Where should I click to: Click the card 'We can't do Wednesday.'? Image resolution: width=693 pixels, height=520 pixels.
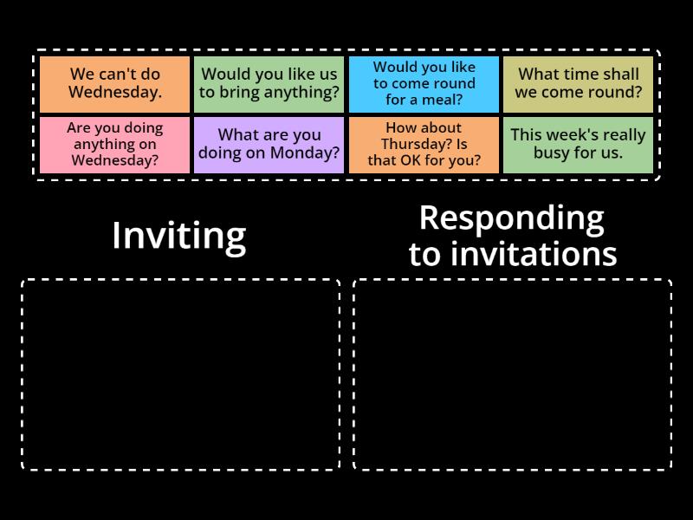tap(114, 84)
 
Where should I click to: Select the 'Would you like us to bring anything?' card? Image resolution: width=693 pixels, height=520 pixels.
tap(269, 84)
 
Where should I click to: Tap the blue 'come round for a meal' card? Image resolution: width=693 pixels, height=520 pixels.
tap(424, 84)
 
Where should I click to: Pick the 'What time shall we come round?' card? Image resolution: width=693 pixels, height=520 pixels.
tap(579, 84)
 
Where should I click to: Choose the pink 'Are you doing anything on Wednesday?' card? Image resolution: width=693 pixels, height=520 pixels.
tap(114, 145)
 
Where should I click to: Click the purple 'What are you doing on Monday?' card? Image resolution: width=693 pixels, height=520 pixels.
tap(269, 145)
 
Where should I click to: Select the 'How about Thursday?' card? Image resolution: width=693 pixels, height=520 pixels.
tap(424, 145)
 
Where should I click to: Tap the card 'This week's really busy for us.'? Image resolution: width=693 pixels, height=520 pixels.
tap(579, 145)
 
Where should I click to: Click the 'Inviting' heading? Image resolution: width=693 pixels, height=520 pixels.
tap(178, 236)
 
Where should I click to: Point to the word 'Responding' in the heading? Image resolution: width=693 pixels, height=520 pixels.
tap(511, 218)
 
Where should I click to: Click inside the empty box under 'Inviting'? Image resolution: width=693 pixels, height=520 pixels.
tap(180, 374)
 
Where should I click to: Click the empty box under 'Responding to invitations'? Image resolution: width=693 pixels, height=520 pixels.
tap(512, 374)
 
